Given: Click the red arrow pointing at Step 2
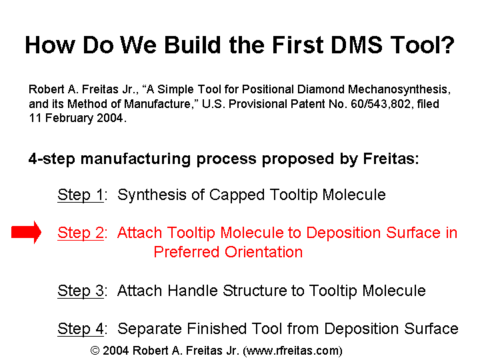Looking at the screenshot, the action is click(26, 233).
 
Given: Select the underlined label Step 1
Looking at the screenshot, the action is click(81, 195).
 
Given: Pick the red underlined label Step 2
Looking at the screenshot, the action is click(81, 233).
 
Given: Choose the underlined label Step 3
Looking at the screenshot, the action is click(81, 291).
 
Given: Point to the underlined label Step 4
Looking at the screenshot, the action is click(81, 329).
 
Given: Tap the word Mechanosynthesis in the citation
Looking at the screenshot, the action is click(399, 90).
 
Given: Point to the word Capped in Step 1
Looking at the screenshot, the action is click(233, 195).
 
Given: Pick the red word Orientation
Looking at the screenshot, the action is click(263, 252).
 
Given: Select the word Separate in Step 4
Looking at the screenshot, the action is click(150, 329).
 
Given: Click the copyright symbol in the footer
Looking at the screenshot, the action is click(95, 351).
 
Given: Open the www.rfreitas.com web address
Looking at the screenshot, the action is click(293, 351).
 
